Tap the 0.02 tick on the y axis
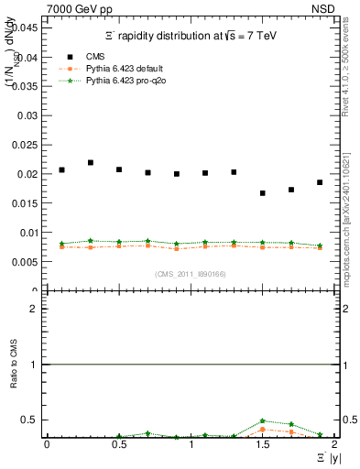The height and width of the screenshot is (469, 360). click(x=27, y=174)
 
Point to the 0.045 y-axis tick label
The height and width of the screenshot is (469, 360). click(x=25, y=27)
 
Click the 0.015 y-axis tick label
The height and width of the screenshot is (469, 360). click(x=25, y=203)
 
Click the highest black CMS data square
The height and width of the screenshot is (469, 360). click(x=91, y=162)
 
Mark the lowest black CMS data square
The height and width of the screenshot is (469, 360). click(x=263, y=193)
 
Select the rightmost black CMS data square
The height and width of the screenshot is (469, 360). click(x=320, y=182)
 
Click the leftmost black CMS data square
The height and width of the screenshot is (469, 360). click(x=61, y=169)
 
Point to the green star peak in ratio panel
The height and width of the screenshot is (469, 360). click(x=263, y=420)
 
